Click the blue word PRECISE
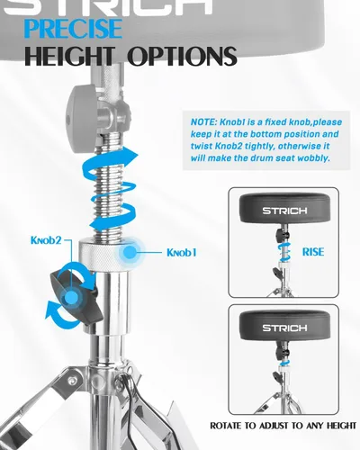tap(73, 29)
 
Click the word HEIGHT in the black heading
tap(70, 56)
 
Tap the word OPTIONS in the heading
tap(183, 56)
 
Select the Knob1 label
tap(182, 253)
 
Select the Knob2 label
tap(46, 240)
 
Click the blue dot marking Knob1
tap(130, 252)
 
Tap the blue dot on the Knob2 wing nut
tap(71, 298)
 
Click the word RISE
tap(313, 252)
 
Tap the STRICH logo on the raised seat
tap(284, 211)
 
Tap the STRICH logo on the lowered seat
tap(284, 328)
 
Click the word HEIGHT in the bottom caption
tap(337, 426)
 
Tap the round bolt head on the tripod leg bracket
tap(71, 381)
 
